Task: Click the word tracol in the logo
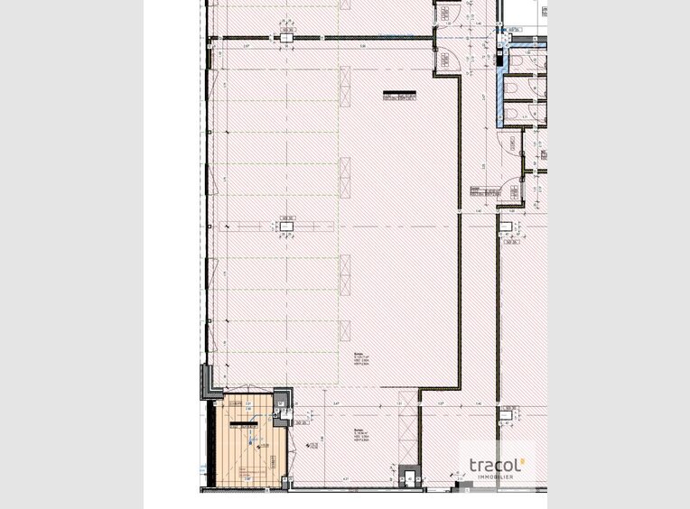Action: coord(492,465)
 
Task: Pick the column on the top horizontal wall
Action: coord(288,36)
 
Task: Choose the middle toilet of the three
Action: coord(512,87)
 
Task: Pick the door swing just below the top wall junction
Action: coord(444,54)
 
